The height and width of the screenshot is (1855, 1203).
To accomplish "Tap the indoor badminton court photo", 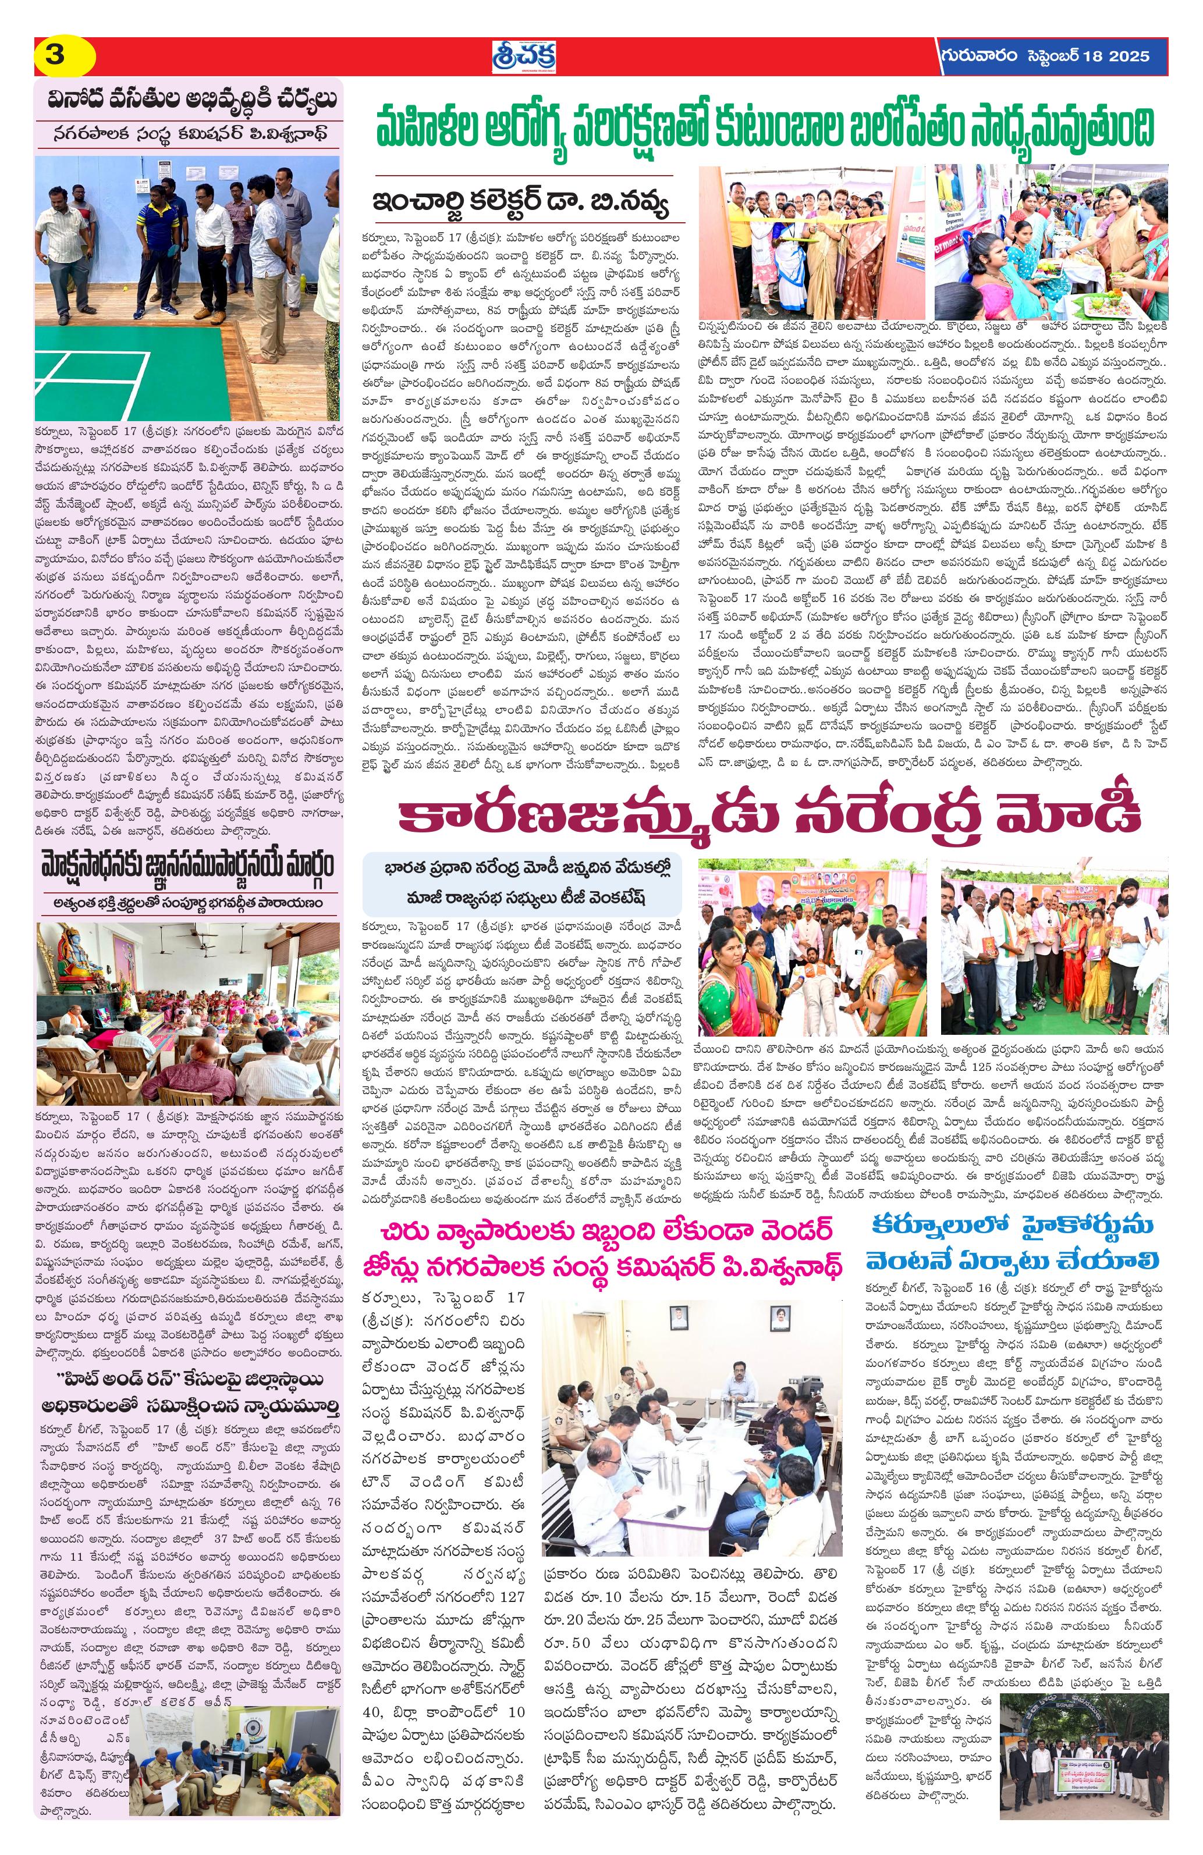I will tap(187, 287).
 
